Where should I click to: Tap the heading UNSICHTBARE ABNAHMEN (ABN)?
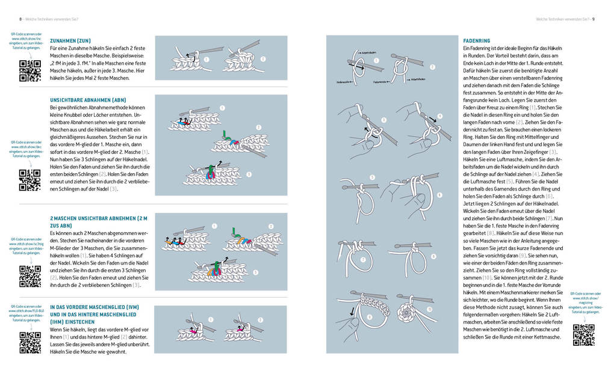88,100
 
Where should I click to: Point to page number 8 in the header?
12,19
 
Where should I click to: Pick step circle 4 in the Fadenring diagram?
440,116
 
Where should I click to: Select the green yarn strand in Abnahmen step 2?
224,135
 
